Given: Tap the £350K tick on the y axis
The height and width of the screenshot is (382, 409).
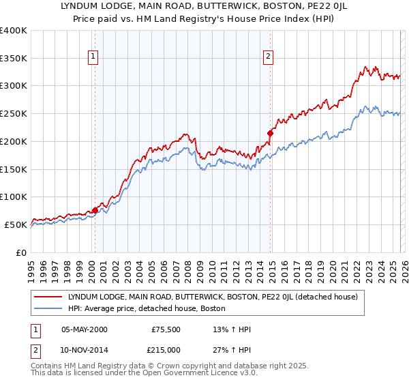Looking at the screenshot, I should [14, 58].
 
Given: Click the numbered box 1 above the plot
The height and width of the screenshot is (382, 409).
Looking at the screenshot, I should [92, 57].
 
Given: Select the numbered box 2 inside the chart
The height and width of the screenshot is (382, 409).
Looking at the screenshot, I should [269, 57].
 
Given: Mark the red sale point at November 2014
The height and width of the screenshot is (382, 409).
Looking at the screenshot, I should [270, 133].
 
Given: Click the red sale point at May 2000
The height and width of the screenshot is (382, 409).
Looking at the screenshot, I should [95, 210].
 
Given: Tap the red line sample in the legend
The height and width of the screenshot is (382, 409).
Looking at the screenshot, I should [48, 297].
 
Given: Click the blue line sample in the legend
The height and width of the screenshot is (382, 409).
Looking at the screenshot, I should [48, 308].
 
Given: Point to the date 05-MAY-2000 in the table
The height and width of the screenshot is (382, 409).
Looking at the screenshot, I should [85, 329].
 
